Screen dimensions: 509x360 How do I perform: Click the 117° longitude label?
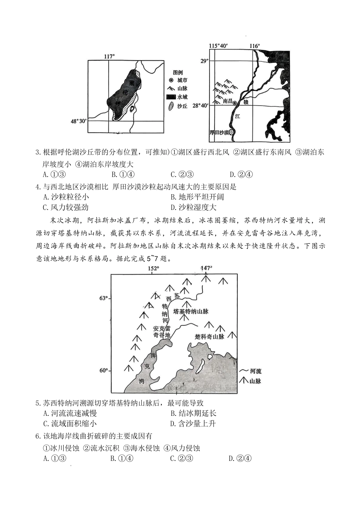point(109,56)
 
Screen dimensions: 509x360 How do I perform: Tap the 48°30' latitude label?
point(78,121)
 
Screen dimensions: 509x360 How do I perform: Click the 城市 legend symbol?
point(171,80)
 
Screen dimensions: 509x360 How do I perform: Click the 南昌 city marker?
point(235,103)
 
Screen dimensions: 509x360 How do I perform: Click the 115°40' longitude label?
point(218,46)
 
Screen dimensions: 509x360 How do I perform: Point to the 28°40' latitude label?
point(200,106)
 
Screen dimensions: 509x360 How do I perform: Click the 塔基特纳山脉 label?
point(191,311)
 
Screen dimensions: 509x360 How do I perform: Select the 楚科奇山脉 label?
point(210,336)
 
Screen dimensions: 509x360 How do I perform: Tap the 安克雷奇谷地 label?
point(162,332)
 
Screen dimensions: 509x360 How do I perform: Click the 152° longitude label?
point(153,269)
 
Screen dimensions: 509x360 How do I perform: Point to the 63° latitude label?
point(103,298)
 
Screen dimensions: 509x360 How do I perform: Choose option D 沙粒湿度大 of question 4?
point(193,207)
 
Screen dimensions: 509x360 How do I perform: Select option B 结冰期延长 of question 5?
point(193,413)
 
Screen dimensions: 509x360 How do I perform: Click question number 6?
point(38,436)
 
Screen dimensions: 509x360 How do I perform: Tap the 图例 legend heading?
point(178,72)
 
